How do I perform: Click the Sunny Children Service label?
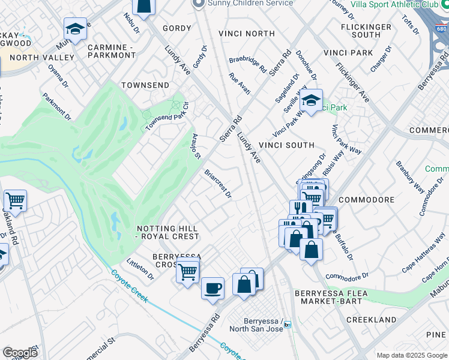tap(250, 4)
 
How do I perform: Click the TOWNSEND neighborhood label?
tap(145, 86)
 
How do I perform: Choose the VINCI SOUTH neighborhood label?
tap(286, 145)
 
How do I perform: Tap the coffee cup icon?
tap(212, 288)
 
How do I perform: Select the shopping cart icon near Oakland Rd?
tap(15, 200)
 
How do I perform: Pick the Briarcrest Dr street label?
tap(217, 185)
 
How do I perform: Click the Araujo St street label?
tap(196, 146)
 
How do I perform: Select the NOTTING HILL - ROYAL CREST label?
tap(167, 232)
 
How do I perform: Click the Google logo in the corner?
tap(20, 353)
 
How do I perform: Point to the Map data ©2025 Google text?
tap(411, 355)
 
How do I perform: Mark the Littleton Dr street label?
tap(140, 269)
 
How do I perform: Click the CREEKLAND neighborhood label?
tap(372, 320)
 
